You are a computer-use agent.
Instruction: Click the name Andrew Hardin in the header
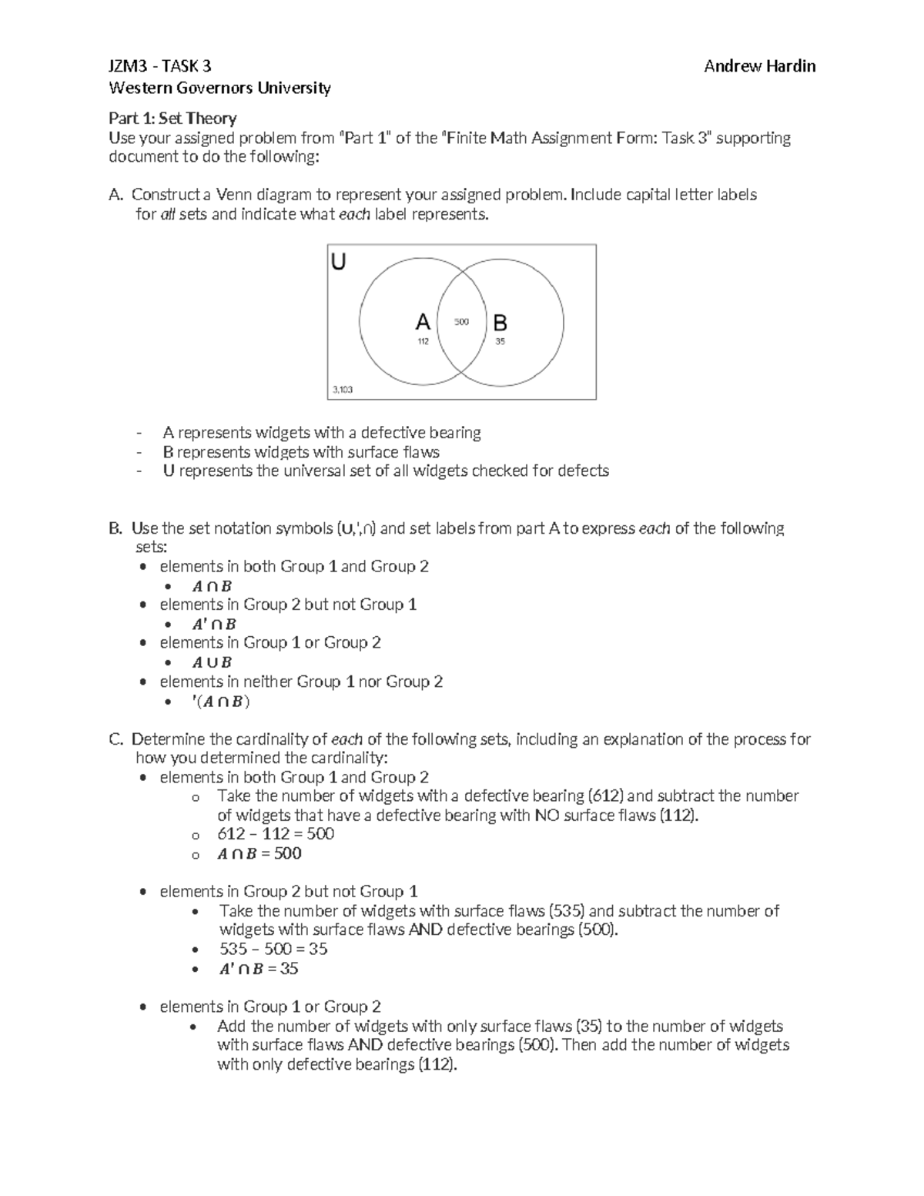pos(759,66)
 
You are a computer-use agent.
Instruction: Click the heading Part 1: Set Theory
pos(172,118)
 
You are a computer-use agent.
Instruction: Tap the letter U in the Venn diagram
pos(338,263)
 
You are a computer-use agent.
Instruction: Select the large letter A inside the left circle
pos(423,322)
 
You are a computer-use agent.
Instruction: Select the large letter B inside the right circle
pos(500,322)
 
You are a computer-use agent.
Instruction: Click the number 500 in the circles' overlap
pos(461,322)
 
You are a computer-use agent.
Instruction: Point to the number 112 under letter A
pos(423,341)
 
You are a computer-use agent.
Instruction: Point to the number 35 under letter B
pos(500,341)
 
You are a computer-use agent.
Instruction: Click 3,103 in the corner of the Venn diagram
pos(343,390)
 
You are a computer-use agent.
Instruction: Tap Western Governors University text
pos(219,88)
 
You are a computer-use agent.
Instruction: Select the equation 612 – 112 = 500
pos(276,834)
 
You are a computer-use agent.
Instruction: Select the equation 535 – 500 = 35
pos(273,949)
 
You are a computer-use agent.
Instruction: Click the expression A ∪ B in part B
pos(212,662)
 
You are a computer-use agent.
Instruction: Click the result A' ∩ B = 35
pos(258,969)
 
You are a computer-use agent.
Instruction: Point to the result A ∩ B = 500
pos(259,853)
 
